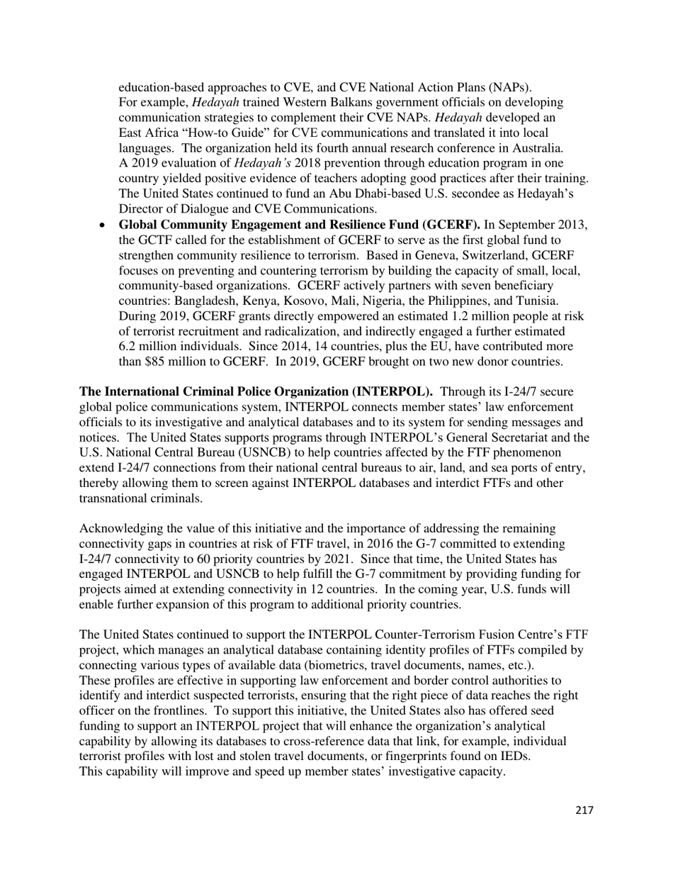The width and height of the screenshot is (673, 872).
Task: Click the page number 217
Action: (x=584, y=810)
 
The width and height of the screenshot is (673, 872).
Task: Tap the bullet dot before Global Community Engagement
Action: (x=103, y=225)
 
